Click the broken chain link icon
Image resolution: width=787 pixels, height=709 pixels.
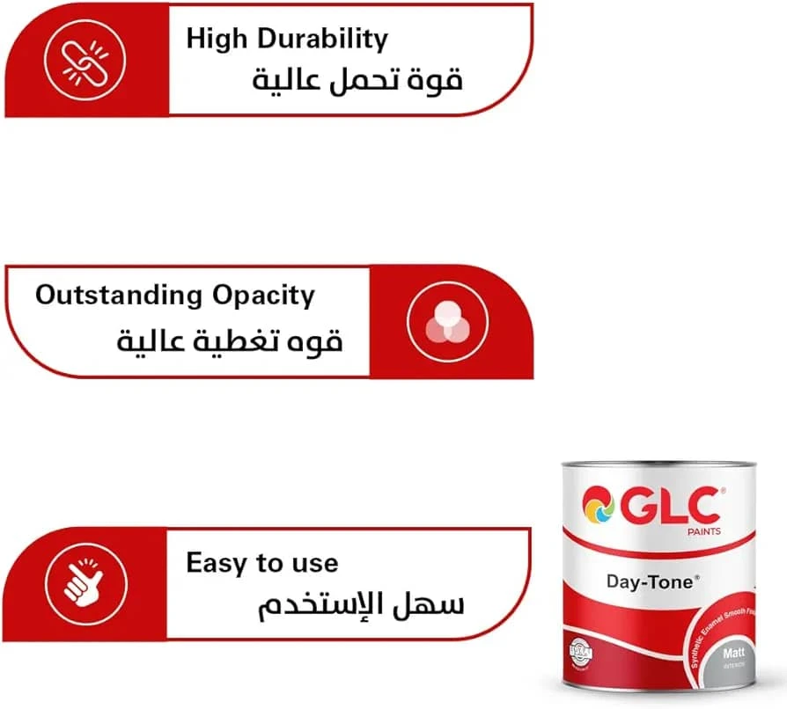pos(85,60)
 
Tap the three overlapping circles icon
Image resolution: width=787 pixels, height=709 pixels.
pos(449,323)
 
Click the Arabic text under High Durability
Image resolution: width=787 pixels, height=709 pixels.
pos(357,80)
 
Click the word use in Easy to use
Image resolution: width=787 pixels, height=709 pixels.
pos(313,564)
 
